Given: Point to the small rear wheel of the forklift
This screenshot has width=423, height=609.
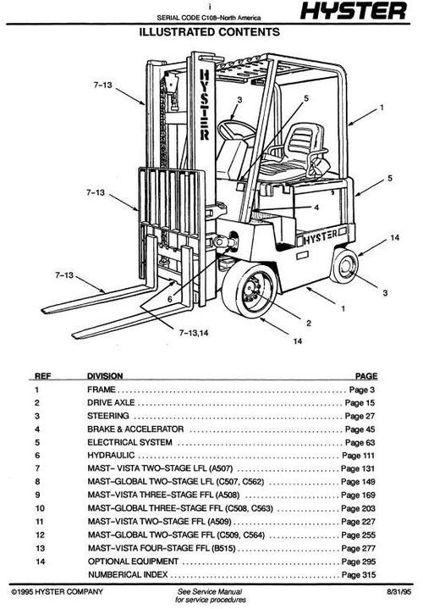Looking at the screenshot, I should [348, 267].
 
